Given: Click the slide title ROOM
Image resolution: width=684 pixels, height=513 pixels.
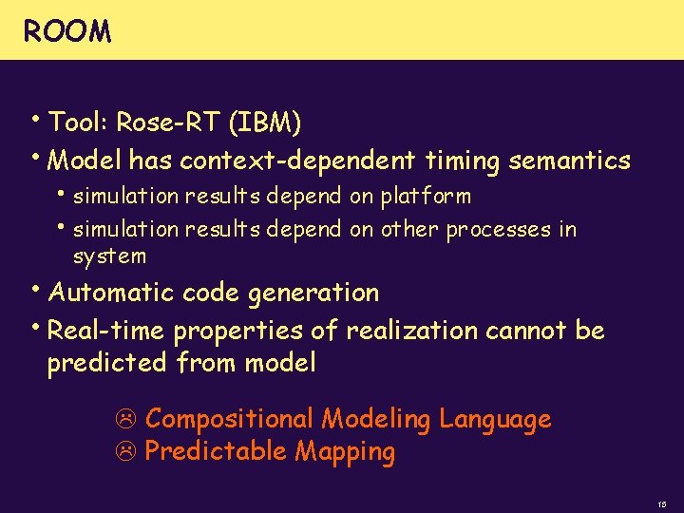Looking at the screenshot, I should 66,32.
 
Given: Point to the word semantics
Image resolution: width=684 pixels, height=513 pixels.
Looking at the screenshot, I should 569,161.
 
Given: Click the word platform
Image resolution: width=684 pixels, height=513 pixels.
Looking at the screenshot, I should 426,197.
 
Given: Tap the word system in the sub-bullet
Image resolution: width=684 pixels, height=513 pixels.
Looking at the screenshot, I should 109,256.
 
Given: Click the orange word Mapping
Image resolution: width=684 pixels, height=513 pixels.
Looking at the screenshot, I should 344,452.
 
